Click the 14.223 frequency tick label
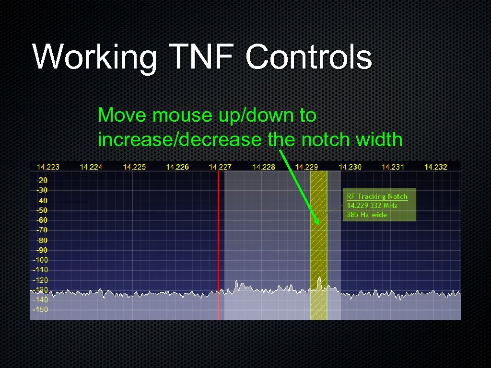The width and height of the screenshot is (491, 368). (48, 167)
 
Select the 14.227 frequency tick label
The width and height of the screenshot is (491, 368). (220, 167)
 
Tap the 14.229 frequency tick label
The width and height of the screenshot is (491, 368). (306, 167)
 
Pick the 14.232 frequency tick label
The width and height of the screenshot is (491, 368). (435, 167)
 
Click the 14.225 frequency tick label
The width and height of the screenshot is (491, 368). (134, 167)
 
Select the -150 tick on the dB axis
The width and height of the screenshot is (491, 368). (40, 310)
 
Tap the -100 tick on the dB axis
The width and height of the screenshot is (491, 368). (40, 260)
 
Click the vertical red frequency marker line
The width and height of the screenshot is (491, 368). (219, 240)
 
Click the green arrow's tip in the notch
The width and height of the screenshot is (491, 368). (317, 223)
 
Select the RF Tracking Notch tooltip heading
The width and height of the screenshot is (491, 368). (377, 196)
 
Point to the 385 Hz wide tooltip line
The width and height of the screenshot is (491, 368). (367, 215)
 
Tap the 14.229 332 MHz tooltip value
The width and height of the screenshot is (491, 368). (372, 206)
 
